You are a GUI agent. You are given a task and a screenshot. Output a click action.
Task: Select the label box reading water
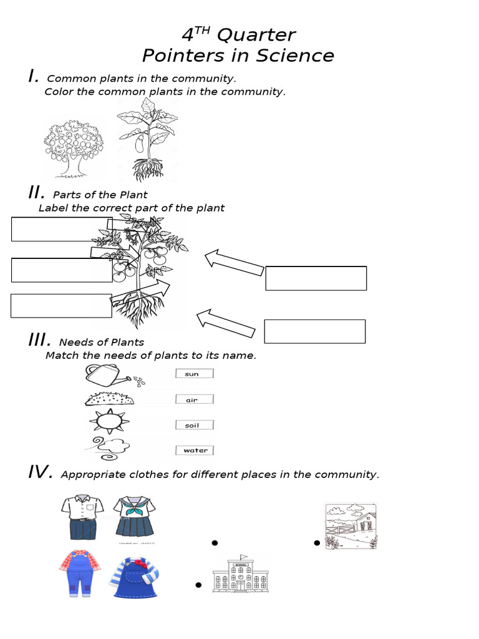pos(195,450)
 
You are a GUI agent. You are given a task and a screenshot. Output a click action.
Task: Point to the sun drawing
pos(109,422)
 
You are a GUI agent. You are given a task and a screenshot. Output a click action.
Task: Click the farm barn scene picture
pos(351,525)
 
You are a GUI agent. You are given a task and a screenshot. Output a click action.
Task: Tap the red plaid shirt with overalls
pos(79,572)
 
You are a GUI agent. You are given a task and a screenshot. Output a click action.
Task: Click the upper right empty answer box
pos(316,278)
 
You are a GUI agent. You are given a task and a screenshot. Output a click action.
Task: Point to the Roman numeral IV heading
pos(40,472)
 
